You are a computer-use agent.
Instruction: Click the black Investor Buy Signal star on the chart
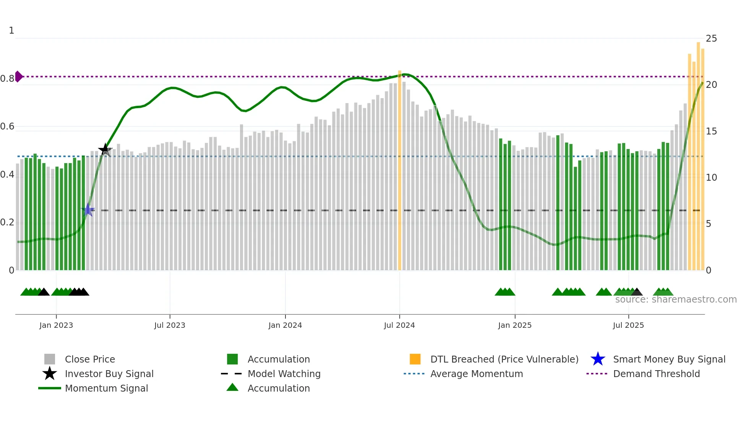coord(105,150)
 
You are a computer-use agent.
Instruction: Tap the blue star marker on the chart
coord(88,210)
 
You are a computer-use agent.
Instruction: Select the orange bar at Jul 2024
coord(400,170)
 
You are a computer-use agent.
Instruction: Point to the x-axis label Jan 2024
coord(285,325)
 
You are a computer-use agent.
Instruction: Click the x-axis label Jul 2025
coord(628,325)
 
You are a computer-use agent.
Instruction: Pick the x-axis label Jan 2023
coord(56,325)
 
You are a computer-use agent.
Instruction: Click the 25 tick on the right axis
coord(711,39)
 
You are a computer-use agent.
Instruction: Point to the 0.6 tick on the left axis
coord(7,126)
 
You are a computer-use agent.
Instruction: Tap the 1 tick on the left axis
coord(11,31)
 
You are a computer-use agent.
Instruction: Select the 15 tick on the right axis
coord(711,131)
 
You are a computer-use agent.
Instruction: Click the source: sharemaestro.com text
coord(676,300)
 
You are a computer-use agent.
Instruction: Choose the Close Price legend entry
coord(90,359)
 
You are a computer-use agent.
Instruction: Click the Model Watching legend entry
coord(284,374)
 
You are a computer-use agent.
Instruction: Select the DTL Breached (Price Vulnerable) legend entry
coord(504,359)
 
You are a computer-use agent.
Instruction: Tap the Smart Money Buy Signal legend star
coord(598,359)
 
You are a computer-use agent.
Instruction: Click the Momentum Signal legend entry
coord(106,388)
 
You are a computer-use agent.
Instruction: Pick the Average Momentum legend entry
coord(477,374)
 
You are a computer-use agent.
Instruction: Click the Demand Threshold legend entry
coord(656,374)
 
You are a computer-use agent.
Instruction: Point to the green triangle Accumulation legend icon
coord(232,388)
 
